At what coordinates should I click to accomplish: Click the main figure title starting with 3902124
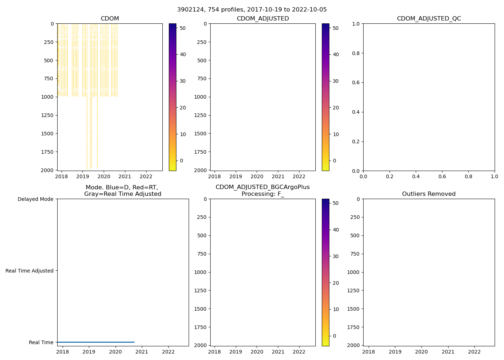tap(252, 10)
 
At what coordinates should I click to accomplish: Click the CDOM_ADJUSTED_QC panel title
tap(429, 19)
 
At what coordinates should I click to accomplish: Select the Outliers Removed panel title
tap(429, 194)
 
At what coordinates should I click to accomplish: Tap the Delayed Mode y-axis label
tap(35, 199)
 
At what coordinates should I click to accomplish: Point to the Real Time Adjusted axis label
tap(29, 271)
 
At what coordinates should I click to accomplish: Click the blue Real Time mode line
tap(95, 342)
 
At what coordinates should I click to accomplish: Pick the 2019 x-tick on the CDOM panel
tap(82, 176)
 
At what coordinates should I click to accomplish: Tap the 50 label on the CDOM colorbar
tap(183, 28)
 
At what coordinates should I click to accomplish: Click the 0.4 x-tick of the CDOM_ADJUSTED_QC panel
tap(416, 176)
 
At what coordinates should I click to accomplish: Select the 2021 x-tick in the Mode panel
tap(142, 352)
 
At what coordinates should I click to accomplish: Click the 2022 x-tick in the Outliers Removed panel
tap(474, 352)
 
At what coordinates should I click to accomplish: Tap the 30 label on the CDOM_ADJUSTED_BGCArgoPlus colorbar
tap(336, 256)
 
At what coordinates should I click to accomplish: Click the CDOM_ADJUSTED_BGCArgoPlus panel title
tap(262, 190)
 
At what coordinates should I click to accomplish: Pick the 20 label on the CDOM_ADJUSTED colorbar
tap(336, 108)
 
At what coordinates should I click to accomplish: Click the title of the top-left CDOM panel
tap(110, 19)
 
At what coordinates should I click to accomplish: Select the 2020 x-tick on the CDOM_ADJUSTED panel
tap(257, 176)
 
